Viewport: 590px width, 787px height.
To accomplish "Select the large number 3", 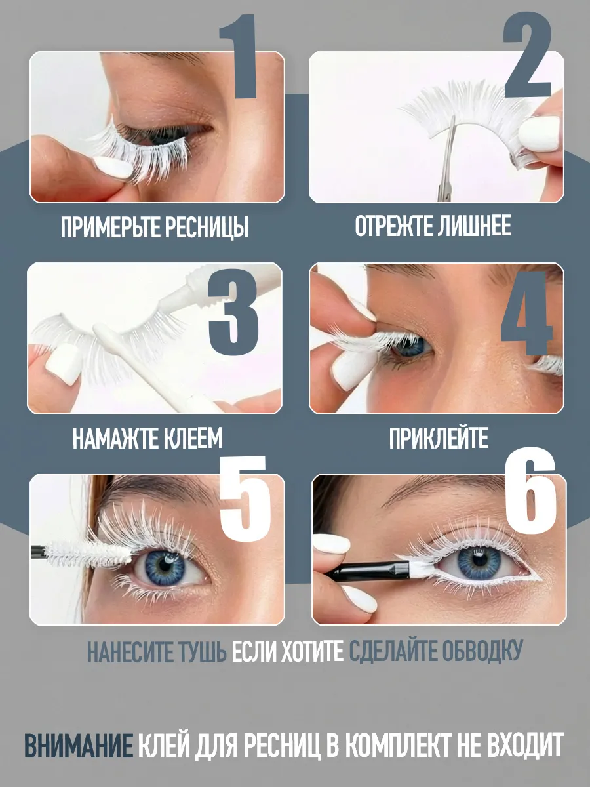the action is (x=233, y=312).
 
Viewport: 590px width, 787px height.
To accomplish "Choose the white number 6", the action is (x=530, y=490).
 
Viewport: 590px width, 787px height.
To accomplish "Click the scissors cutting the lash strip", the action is (x=448, y=161).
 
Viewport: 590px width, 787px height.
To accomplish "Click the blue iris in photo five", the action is (x=165, y=566).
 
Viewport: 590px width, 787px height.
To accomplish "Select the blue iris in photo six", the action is (x=479, y=561).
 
